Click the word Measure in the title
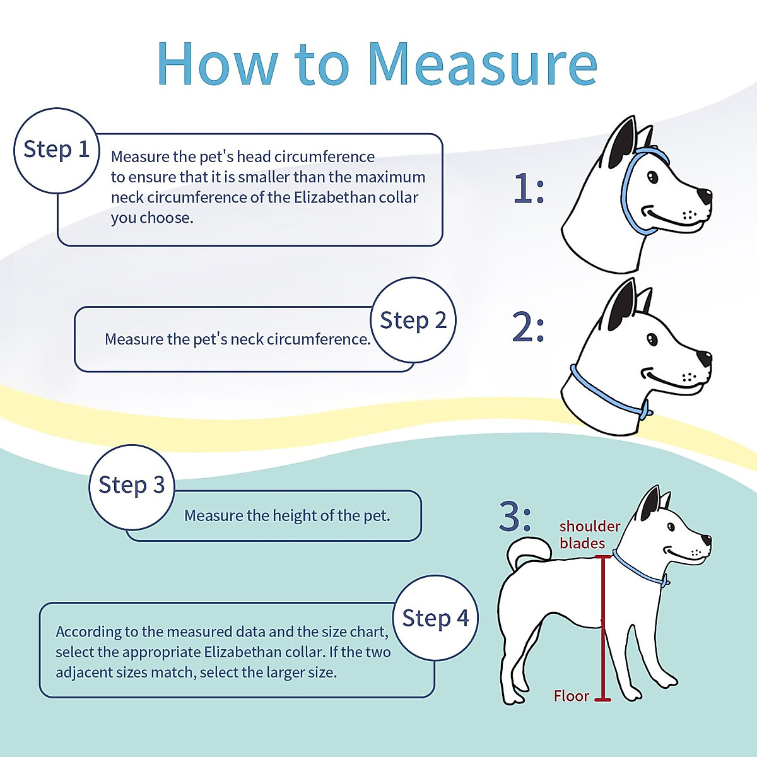[482, 64]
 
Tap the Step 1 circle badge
[57, 150]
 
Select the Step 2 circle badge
[413, 320]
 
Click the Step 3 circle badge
[131, 486]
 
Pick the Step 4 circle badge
[435, 618]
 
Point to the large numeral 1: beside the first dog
[528, 189]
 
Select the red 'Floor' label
[571, 696]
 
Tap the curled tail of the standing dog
[527, 552]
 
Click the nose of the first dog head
[704, 196]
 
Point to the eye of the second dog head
[652, 340]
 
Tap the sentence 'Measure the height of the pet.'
[287, 516]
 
